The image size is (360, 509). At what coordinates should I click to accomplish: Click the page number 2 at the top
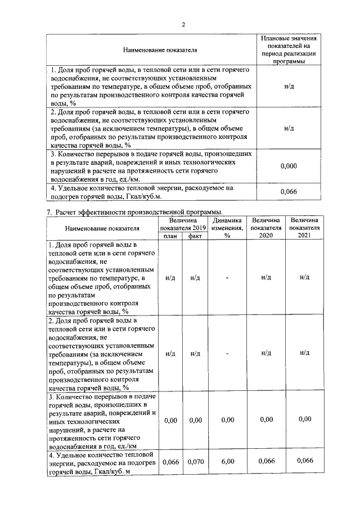(x=183, y=24)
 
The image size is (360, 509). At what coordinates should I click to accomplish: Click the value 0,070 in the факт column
(x=195, y=462)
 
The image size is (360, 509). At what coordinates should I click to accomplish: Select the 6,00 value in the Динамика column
(x=227, y=462)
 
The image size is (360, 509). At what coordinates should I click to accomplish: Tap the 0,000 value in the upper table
(x=289, y=166)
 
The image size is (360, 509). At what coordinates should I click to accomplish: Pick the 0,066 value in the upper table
(x=289, y=192)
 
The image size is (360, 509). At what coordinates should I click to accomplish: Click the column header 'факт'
(x=195, y=237)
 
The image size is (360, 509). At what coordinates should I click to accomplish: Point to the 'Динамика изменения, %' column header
(x=227, y=228)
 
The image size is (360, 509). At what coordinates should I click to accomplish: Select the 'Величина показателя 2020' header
(x=266, y=228)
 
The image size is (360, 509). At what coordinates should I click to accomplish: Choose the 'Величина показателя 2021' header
(x=305, y=228)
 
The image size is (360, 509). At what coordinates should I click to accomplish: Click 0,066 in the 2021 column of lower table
(x=305, y=461)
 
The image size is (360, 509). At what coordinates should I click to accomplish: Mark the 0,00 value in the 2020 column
(x=266, y=419)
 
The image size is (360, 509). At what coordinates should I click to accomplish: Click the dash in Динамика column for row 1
(x=227, y=277)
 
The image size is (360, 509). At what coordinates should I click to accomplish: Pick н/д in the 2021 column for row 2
(x=305, y=353)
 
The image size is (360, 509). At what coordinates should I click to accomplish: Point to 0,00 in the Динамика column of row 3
(x=227, y=420)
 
